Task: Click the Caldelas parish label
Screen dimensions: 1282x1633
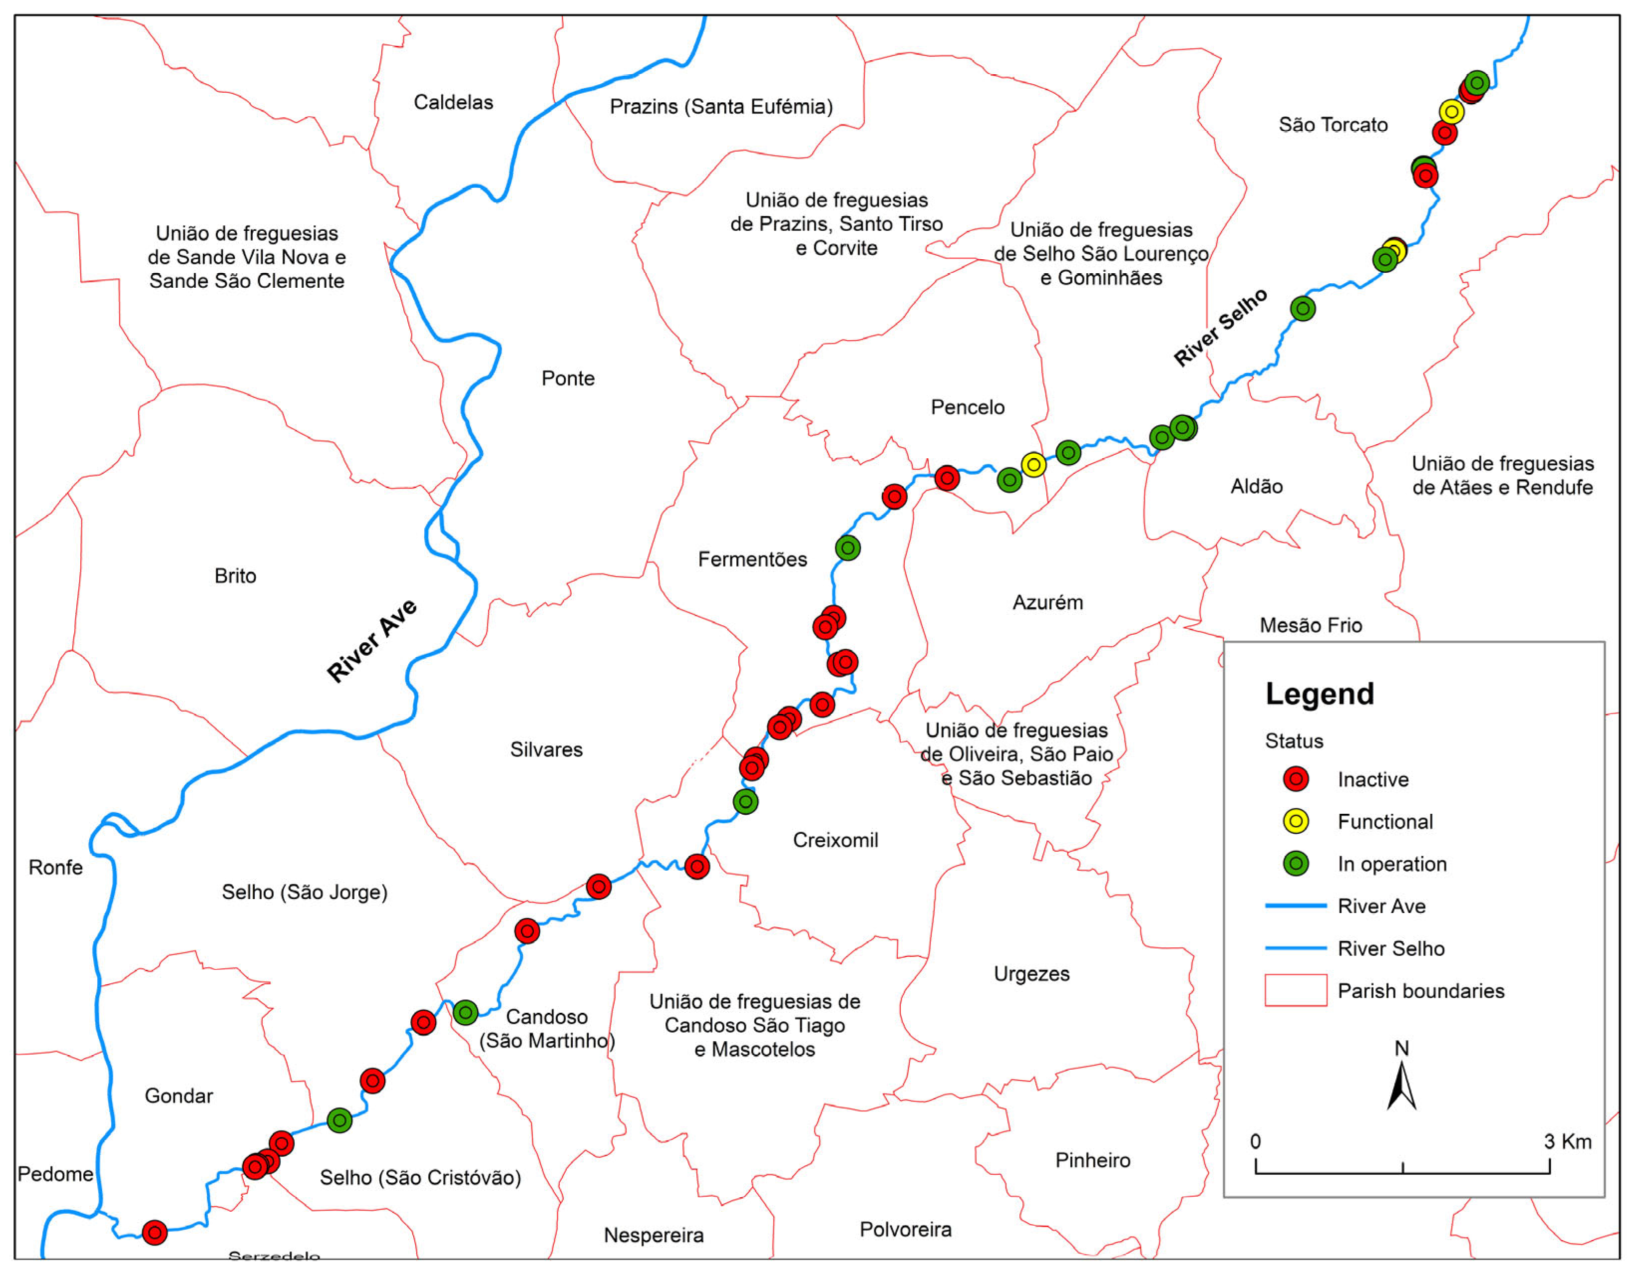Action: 453,102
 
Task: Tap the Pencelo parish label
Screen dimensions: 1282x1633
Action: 968,407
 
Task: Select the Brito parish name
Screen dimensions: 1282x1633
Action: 235,576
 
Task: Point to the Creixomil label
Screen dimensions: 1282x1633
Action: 835,840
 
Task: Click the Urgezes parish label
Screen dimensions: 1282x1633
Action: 1031,973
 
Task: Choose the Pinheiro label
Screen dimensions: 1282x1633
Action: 1092,1160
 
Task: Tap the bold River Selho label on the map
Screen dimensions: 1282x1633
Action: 1220,327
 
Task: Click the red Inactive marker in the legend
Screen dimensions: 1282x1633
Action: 1296,779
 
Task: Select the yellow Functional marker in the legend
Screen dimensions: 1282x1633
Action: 1296,821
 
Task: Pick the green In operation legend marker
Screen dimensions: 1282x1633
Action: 1296,863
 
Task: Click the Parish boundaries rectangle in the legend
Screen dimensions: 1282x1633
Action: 1296,990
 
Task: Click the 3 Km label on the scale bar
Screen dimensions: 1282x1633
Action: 1567,1142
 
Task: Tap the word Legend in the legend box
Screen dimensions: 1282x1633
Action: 1319,694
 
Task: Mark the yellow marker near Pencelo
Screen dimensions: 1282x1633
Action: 1033,465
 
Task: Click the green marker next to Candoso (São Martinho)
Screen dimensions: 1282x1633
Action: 465,1013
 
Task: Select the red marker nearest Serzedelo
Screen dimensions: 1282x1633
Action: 155,1232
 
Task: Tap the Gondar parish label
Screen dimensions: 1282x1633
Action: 178,1096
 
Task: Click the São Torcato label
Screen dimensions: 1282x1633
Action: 1333,125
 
